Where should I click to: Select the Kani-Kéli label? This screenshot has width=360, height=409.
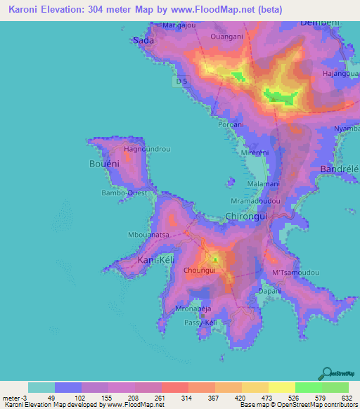(x=155, y=261)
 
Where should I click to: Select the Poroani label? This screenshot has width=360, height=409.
(x=231, y=124)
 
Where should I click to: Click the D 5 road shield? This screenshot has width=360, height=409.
(x=182, y=82)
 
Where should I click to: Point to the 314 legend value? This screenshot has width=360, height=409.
(x=184, y=398)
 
